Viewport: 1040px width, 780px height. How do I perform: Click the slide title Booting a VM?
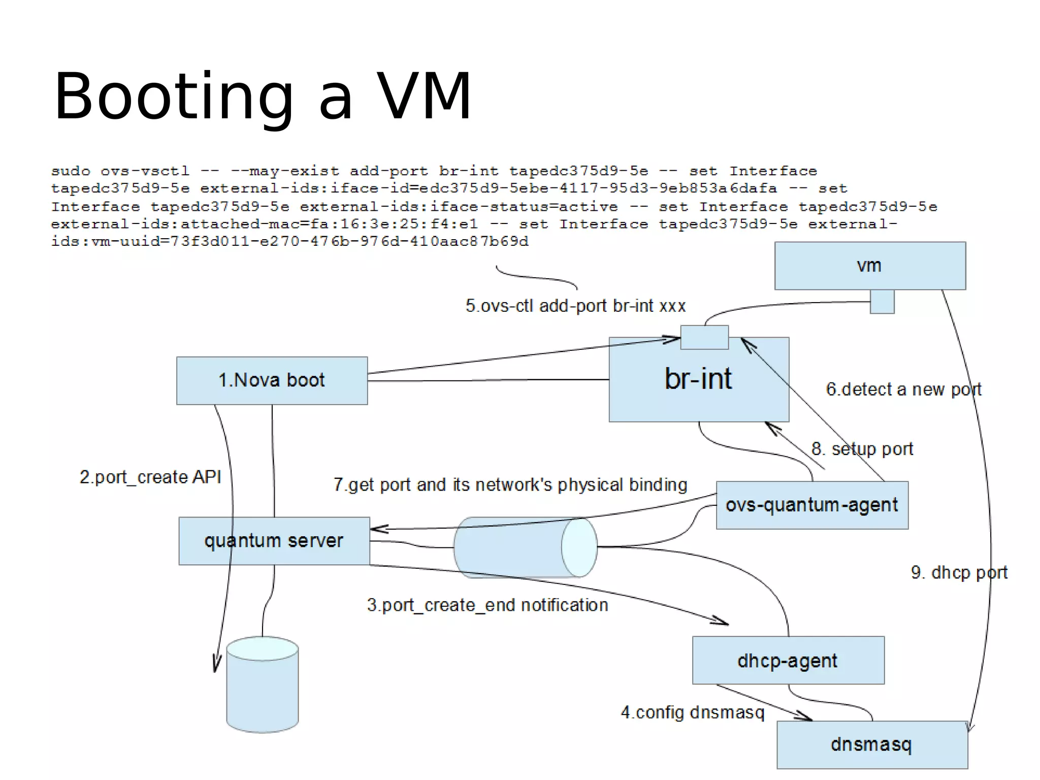pos(263,96)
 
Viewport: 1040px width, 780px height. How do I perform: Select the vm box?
pos(869,266)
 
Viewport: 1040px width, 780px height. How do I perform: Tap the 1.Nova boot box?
pos(272,380)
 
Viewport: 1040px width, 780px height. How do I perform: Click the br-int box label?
pos(698,379)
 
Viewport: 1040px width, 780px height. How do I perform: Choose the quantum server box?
pos(274,541)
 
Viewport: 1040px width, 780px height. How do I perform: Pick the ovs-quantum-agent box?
pos(811,505)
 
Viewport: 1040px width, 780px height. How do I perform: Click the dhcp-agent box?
pos(788,660)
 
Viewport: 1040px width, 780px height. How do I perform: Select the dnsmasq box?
pos(871,744)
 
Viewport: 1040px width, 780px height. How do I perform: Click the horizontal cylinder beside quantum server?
pos(525,547)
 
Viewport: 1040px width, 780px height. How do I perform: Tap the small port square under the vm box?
pos(882,302)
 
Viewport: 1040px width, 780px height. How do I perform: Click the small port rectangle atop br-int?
pos(704,337)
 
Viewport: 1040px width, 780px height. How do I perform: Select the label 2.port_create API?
pos(150,477)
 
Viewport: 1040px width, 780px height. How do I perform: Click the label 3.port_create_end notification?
pos(487,605)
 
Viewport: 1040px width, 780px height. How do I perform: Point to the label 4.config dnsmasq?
pos(692,712)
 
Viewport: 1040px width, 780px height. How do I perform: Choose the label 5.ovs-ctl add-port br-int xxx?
pos(575,306)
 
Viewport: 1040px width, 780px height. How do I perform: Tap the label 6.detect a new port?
pos(903,389)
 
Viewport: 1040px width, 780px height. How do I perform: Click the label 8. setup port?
pos(862,449)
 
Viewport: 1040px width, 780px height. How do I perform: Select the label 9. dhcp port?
pos(959,572)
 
